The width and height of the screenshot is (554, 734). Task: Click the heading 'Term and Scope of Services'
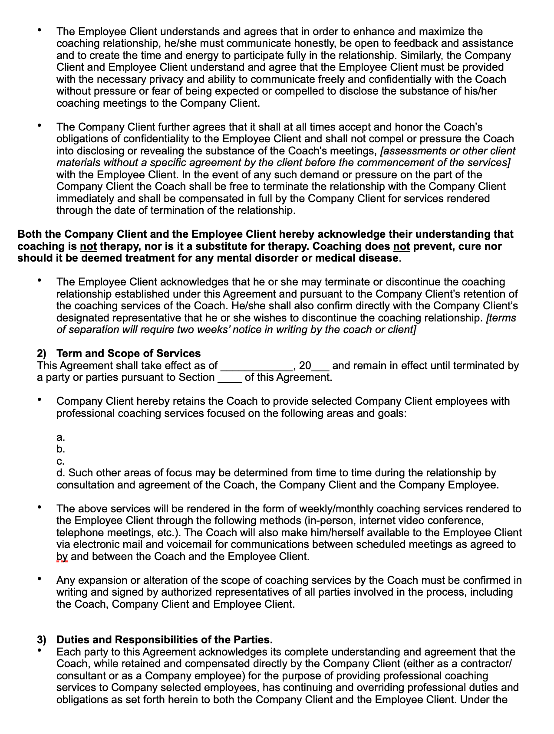[129, 353]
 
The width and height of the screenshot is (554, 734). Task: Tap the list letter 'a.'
[61, 437]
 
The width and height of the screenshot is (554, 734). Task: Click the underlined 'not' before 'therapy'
[89, 246]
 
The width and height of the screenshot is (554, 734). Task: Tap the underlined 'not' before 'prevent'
[401, 246]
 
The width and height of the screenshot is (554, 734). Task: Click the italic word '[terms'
[501, 318]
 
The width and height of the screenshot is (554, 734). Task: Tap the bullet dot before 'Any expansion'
[40, 579]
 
